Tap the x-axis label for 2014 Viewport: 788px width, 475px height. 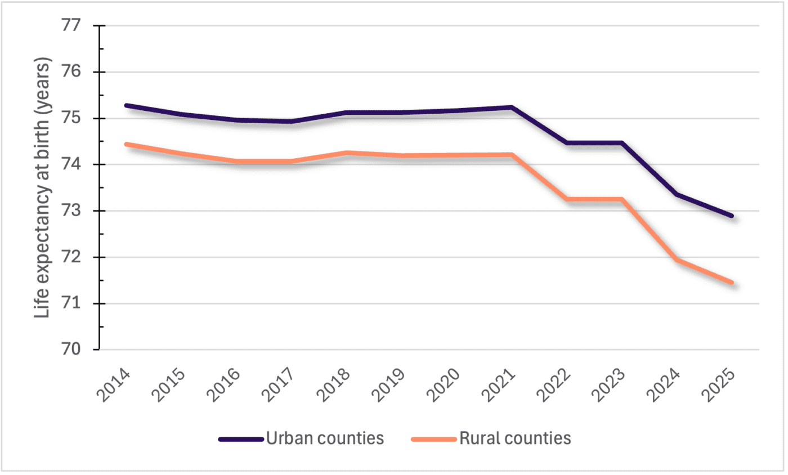coord(114,385)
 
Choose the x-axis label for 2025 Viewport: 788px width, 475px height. coord(723,385)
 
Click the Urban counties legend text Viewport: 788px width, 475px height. coord(325,438)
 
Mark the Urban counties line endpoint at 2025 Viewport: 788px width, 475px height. coord(732,216)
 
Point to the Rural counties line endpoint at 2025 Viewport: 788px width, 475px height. coord(732,283)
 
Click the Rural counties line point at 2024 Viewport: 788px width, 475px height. coord(677,260)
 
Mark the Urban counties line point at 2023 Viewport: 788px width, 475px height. coord(621,143)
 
